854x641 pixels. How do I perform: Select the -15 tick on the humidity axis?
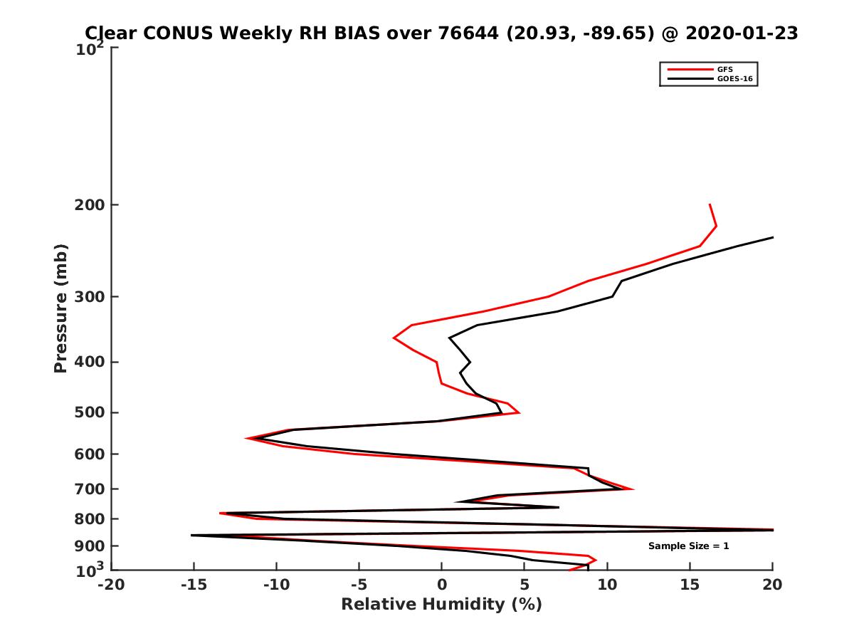coord(193,585)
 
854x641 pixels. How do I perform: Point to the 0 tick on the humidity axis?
coord(442,585)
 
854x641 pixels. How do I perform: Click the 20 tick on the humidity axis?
coord(772,585)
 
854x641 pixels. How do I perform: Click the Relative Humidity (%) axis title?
coord(441,605)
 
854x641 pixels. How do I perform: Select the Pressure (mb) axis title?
coord(60,308)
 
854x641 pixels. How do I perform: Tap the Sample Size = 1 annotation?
coord(688,546)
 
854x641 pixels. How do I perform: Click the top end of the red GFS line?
coord(710,205)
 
